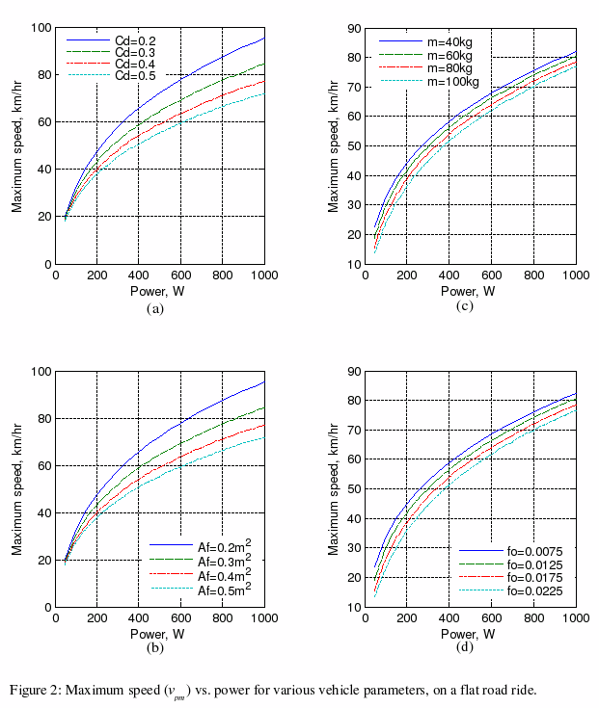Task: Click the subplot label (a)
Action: click(154, 308)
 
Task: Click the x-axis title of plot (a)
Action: click(157, 292)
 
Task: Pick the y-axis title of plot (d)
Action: click(335, 488)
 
